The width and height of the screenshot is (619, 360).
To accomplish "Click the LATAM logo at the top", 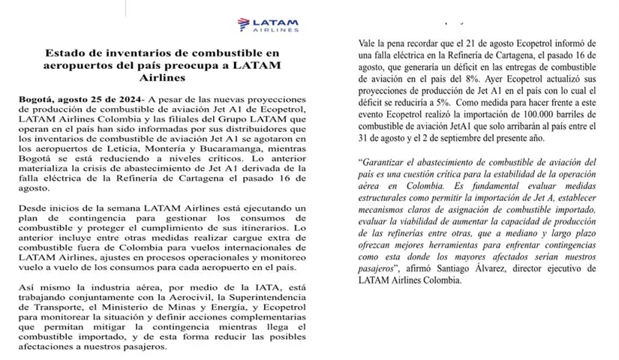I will tap(266, 23).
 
